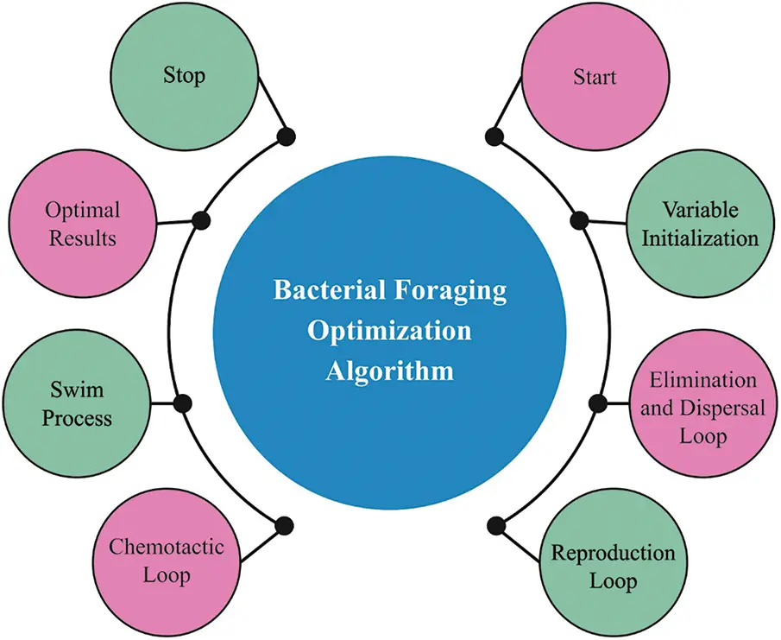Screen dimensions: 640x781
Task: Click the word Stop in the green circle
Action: click(185, 75)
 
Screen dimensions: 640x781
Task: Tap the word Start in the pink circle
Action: click(595, 77)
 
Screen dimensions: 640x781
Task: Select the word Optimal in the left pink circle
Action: click(83, 210)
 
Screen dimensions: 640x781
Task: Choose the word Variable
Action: click(700, 210)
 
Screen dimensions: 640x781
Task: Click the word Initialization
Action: click(700, 238)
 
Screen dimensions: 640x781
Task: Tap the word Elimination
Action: click(703, 380)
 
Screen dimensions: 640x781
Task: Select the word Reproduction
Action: click(613, 553)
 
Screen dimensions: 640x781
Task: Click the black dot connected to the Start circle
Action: click(494, 136)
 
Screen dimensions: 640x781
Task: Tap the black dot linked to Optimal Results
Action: click(201, 220)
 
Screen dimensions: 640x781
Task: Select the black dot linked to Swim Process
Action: click(182, 402)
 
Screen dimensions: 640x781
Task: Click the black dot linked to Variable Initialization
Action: click(579, 220)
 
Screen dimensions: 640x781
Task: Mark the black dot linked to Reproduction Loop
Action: click(495, 525)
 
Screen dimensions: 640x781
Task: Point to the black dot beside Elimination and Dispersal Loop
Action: click(598, 402)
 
